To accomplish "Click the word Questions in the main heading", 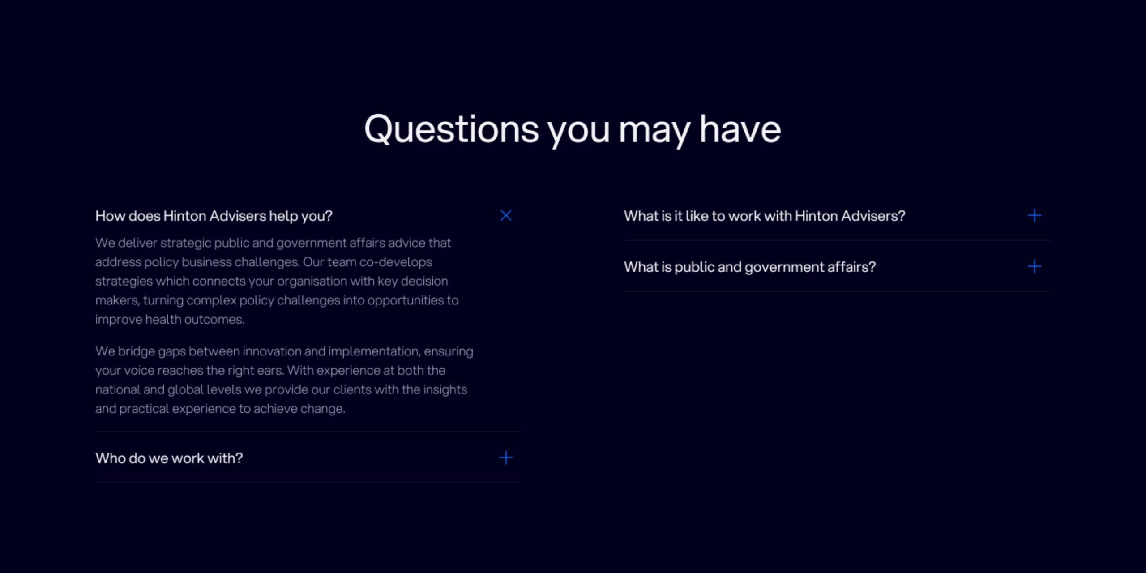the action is click(452, 129).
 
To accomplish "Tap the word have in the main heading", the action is click(740, 129).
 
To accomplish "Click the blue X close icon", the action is click(506, 215).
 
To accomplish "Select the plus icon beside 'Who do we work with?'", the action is click(506, 458).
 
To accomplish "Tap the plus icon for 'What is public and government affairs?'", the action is click(1034, 266).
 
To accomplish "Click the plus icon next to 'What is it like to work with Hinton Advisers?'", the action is click(1034, 215).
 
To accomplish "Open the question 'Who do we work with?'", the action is click(169, 458).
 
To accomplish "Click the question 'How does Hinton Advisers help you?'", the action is click(214, 216).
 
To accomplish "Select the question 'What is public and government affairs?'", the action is click(750, 267).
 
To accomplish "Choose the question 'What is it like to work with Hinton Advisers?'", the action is click(765, 216).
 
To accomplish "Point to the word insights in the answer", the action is click(445, 390).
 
